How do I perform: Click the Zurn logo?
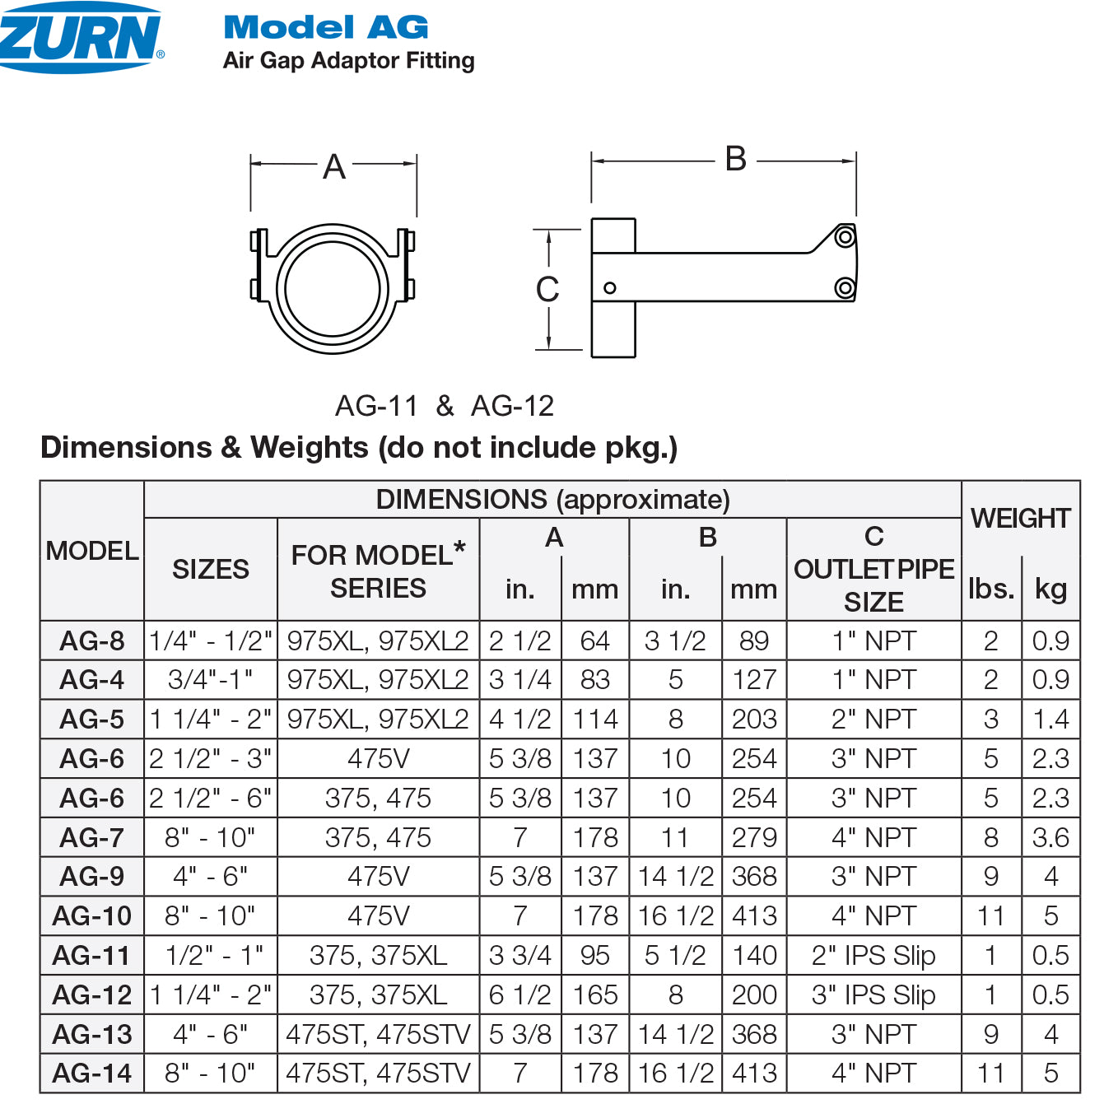(80, 37)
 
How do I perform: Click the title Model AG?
(326, 27)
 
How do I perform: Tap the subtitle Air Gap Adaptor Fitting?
(348, 61)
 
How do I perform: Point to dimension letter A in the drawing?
(334, 167)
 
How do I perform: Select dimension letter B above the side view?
(735, 159)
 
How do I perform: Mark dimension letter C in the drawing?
(547, 290)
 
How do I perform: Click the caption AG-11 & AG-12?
(445, 406)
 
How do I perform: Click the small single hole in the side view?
(610, 287)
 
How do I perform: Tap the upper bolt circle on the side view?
(845, 238)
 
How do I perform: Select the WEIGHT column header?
(1020, 518)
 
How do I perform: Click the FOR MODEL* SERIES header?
(378, 571)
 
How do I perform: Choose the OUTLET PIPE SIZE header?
(873, 570)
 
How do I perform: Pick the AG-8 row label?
(92, 641)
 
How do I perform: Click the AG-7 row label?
(92, 837)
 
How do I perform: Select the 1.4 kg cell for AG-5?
(1050, 720)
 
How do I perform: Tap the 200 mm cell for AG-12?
(754, 995)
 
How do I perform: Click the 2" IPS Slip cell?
(873, 955)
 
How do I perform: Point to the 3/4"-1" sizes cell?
(211, 680)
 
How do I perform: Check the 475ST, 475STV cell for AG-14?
(378, 1074)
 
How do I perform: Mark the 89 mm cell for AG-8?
(754, 641)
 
